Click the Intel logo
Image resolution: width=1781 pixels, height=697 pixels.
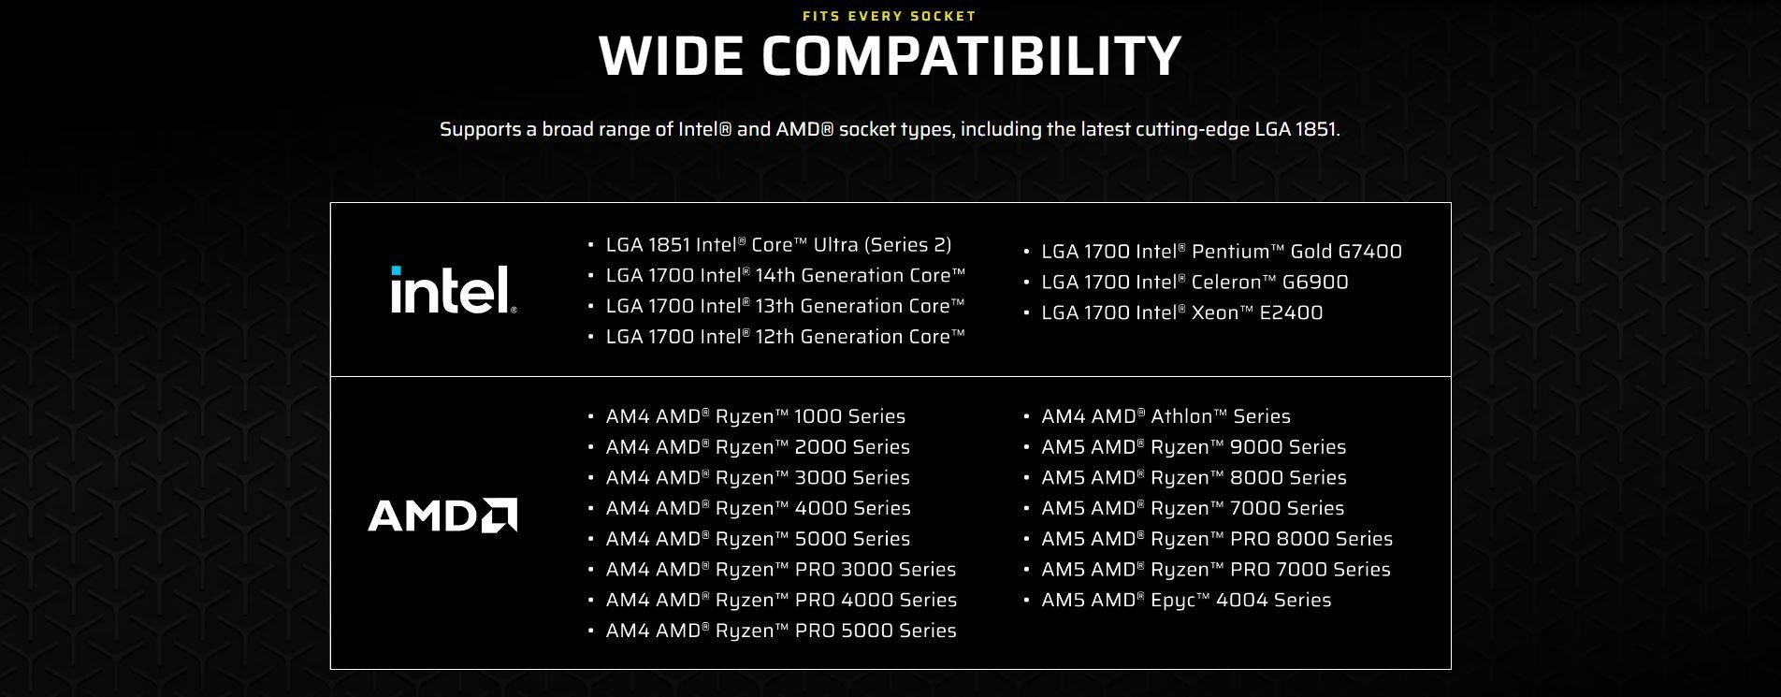[453, 289]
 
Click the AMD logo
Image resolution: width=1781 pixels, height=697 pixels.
[442, 515]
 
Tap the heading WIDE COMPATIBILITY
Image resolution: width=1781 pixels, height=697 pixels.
[890, 55]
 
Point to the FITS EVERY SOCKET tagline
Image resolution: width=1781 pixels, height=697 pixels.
[890, 16]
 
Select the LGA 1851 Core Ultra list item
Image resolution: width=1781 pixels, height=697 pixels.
[778, 245]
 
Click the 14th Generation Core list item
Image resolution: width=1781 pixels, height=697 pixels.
[785, 275]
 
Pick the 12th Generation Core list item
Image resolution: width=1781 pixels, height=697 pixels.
[785, 337]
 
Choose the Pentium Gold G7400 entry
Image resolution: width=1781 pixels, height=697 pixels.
[1222, 252]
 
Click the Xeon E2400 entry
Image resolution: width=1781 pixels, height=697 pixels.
[1182, 313]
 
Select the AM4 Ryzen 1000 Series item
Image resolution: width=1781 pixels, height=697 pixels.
[756, 416]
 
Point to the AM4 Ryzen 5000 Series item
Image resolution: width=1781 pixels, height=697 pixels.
[758, 539]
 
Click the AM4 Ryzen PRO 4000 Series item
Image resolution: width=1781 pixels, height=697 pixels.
[781, 601]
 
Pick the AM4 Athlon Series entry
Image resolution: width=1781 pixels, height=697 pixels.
[1166, 416]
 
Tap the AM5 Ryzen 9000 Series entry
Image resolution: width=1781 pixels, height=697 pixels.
[1194, 447]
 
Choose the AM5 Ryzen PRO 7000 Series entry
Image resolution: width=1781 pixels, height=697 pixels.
[1216, 570]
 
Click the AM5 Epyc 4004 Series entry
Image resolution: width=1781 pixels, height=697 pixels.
[1186, 601]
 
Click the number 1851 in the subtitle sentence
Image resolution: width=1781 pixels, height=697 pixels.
[1315, 129]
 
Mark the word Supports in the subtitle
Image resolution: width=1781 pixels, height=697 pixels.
[481, 130]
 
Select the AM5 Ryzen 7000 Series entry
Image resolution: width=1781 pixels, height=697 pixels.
[1193, 508]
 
